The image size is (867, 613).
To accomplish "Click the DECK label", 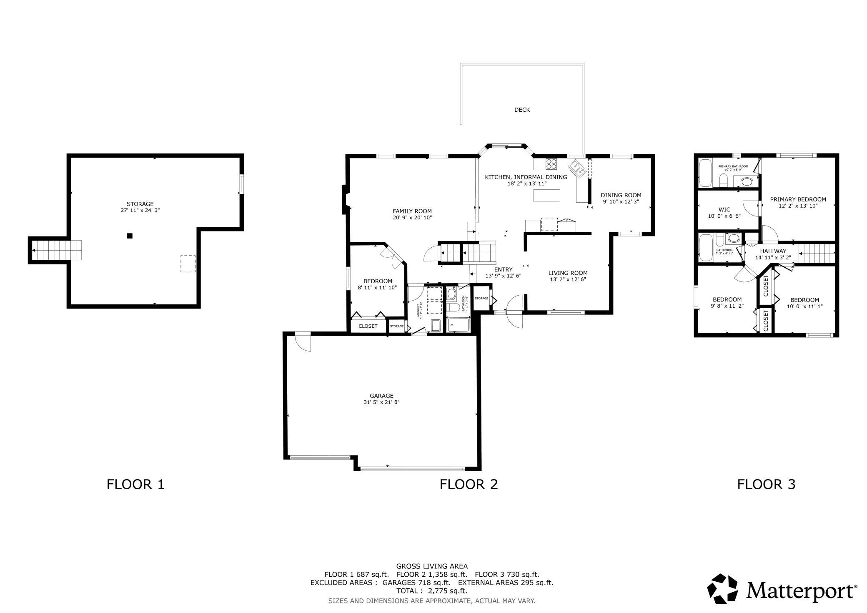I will (522, 110).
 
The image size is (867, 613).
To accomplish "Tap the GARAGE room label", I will (381, 396).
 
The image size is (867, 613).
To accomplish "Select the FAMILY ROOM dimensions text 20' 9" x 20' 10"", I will (412, 218).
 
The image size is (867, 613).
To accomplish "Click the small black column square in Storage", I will (130, 236).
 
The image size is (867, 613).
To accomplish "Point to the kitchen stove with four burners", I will (551, 164).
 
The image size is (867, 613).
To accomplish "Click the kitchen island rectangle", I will (547, 195).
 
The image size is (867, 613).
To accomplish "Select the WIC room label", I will (724, 210).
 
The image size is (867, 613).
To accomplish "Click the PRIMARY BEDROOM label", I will (798, 199).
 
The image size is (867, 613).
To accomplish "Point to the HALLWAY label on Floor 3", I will (773, 251).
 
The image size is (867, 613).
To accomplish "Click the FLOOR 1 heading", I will (135, 484).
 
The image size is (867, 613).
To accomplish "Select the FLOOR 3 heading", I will (766, 484).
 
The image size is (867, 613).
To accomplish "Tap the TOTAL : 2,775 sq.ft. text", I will (431, 591).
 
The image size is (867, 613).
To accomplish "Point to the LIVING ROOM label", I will (568, 273).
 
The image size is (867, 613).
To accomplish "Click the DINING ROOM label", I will (621, 195).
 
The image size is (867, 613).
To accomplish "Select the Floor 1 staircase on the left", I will (56, 250).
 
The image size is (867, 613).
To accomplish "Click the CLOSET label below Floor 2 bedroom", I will (368, 326).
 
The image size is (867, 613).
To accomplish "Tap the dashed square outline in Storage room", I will (188, 264).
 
